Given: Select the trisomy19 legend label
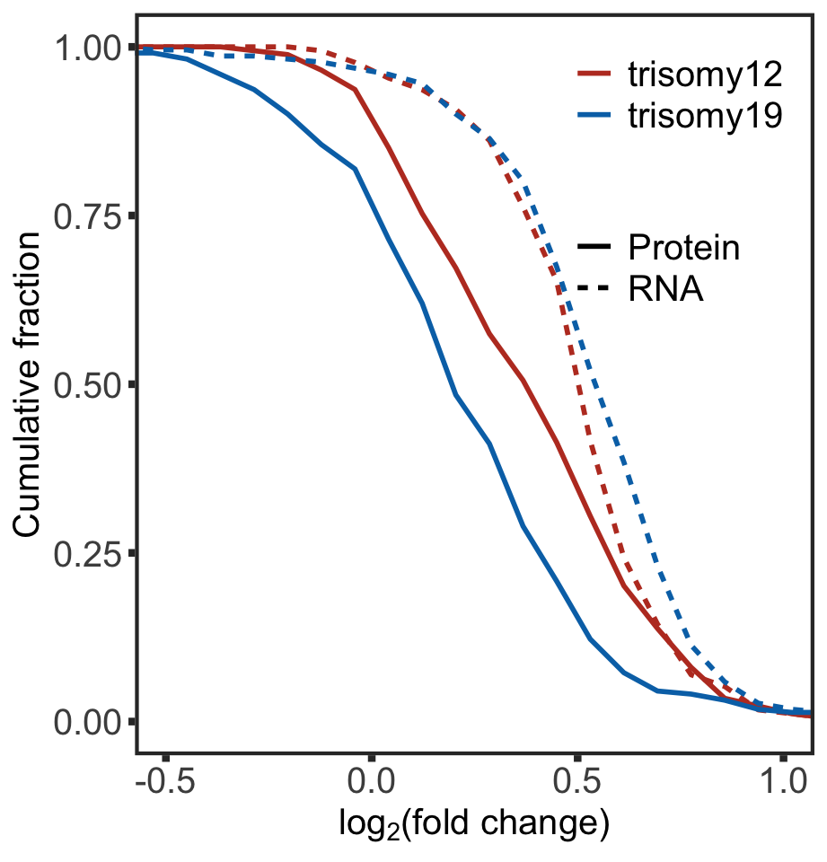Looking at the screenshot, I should [x=706, y=117].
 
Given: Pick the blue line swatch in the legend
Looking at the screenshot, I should [x=594, y=117].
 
